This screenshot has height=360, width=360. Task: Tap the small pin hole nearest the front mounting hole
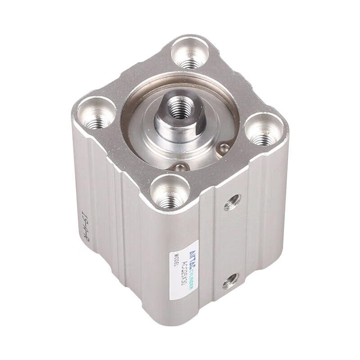(181, 167)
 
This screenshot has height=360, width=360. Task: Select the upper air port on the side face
(232, 202)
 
